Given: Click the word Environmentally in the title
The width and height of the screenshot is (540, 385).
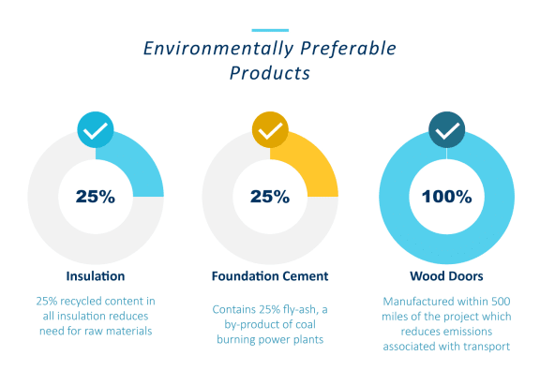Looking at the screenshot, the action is point(218,49).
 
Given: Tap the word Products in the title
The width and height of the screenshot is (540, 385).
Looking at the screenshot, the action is point(270,73).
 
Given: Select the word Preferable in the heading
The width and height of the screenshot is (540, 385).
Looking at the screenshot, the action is point(348,48).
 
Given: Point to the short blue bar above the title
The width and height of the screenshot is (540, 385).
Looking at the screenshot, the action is point(270,30).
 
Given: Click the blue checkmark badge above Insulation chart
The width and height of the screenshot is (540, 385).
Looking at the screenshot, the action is point(96,129).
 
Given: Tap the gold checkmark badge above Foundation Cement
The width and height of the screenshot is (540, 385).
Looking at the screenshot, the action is point(270,129).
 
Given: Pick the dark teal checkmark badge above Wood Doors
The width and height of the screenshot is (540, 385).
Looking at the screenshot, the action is point(446,129).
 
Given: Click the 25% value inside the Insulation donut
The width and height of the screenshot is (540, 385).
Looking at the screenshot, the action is point(96,197).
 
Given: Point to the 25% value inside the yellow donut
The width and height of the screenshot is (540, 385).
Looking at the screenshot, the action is point(270,197).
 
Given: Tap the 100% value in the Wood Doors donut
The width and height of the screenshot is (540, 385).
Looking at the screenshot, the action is point(446,197).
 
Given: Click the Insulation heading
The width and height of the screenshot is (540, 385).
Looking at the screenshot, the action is point(96,276).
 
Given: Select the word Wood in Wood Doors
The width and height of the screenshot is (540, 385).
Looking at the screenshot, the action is point(425,276).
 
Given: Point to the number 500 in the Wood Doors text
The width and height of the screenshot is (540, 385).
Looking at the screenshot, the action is point(501,302).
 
